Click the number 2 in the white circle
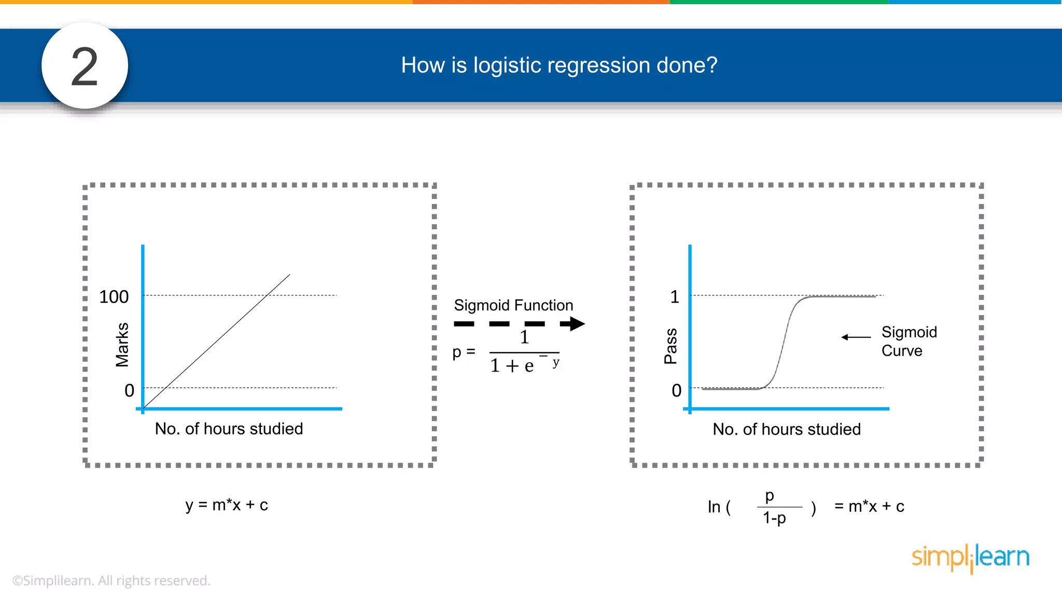tap(85, 66)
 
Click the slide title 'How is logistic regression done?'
tap(559, 65)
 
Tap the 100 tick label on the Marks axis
tap(114, 297)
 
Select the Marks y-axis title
tap(122, 345)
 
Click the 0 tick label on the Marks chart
tap(129, 390)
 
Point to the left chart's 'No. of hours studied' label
tap(229, 429)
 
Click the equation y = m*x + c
tap(227, 505)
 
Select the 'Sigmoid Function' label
tap(513, 305)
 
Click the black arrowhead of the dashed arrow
tap(574, 324)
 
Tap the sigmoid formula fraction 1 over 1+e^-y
tap(524, 353)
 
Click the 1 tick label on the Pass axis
tap(674, 297)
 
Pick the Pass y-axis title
tap(670, 346)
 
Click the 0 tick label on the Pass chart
tap(676, 390)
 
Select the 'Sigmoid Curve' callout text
tap(909, 341)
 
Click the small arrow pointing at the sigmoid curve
tap(856, 337)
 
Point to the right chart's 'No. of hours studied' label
tap(786, 429)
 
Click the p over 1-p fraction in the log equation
tap(776, 507)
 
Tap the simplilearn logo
tap(970, 558)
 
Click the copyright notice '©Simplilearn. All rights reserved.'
tap(111, 580)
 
